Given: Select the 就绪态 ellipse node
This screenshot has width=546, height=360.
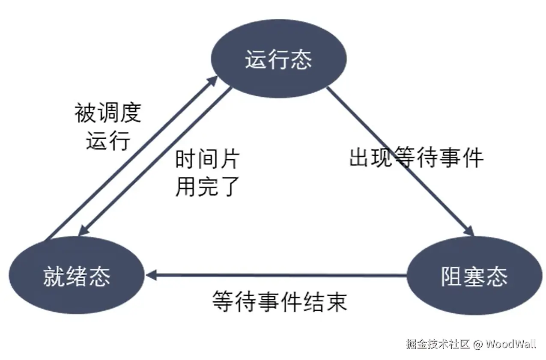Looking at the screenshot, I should pyautogui.click(x=77, y=276).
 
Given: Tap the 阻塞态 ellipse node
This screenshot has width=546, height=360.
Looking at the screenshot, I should pyautogui.click(x=474, y=276).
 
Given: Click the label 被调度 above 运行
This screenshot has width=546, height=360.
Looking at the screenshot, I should pyautogui.click(x=107, y=113).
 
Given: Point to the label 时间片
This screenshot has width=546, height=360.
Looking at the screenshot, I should pyautogui.click(x=208, y=160).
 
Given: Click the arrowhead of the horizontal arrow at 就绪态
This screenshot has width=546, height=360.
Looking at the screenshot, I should pyautogui.click(x=151, y=275).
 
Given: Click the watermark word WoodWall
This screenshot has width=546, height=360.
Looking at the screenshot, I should pyautogui.click(x=511, y=344).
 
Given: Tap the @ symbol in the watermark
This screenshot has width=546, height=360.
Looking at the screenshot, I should pyautogui.click(x=478, y=344).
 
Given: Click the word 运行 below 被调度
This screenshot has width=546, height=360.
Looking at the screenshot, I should pyautogui.click(x=108, y=140).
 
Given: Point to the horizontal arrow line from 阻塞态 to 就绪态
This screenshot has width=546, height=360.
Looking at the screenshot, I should pyautogui.click(x=278, y=275).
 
